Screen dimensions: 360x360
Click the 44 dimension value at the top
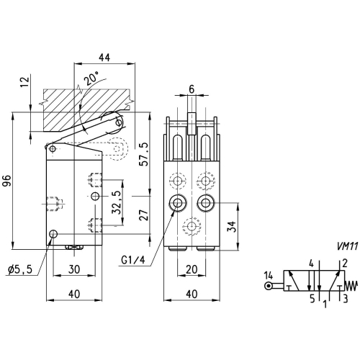tap(104, 58)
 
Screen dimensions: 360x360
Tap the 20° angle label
tap(91, 78)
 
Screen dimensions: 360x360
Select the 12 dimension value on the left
tap(26, 81)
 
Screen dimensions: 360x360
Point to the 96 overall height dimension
tap(7, 181)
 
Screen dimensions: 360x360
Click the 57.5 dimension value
tap(144, 154)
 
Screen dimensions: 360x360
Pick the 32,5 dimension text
tap(116, 202)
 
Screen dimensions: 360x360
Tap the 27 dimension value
tap(144, 215)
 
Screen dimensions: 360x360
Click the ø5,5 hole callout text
tap(20, 270)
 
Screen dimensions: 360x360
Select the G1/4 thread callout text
tap(133, 260)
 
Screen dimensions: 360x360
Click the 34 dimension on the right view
tap(232, 226)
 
